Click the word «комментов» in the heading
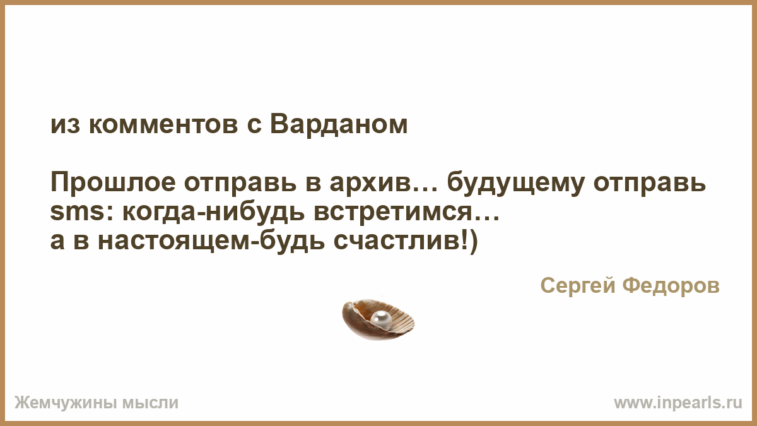(x=163, y=125)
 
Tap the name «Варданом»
(x=339, y=125)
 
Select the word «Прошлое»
(x=113, y=183)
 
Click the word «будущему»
(x=516, y=184)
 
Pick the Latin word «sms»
(x=77, y=212)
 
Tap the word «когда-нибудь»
(x=214, y=212)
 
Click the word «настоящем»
(x=174, y=242)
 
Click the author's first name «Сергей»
(x=578, y=286)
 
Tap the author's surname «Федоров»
(x=671, y=286)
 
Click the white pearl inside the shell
(x=381, y=319)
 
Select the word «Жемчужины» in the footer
(x=64, y=403)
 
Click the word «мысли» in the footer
(x=150, y=403)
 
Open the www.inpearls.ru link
(x=678, y=403)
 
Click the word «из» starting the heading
(x=65, y=125)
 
